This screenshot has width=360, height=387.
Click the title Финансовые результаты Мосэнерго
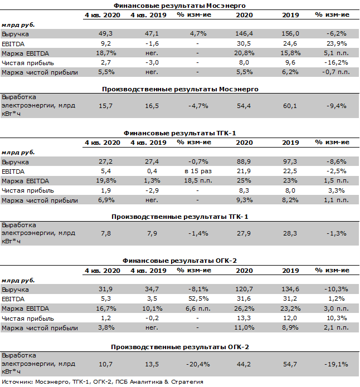(x=179, y=5)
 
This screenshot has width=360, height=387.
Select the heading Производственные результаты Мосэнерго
(x=179, y=89)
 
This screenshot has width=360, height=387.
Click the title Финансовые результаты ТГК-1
(x=179, y=133)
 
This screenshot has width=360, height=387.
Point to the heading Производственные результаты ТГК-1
(x=179, y=217)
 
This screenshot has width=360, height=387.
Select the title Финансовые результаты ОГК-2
(x=179, y=260)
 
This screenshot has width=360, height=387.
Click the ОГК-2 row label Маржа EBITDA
(x=25, y=308)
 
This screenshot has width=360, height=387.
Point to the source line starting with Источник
(x=103, y=382)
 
